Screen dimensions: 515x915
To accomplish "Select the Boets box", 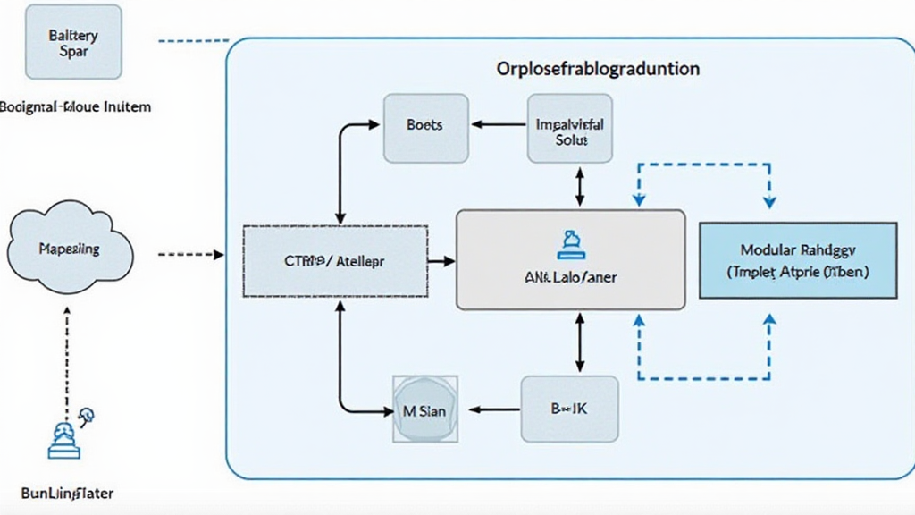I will [424, 126].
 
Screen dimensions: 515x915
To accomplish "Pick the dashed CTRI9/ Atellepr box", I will [335, 261].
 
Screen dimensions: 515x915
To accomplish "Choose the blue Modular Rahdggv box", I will [798, 260].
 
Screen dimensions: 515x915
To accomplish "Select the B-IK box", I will [569, 409].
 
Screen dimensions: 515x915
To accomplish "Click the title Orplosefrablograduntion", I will [598, 68].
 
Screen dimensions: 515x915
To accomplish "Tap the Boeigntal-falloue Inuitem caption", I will [76, 106].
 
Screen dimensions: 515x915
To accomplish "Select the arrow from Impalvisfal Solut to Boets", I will [498, 126].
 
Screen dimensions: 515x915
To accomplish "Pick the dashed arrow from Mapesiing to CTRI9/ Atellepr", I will [190, 255].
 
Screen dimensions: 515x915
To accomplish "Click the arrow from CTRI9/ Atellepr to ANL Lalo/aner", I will [441, 261].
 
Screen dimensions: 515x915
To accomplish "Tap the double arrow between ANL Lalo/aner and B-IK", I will [579, 342].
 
